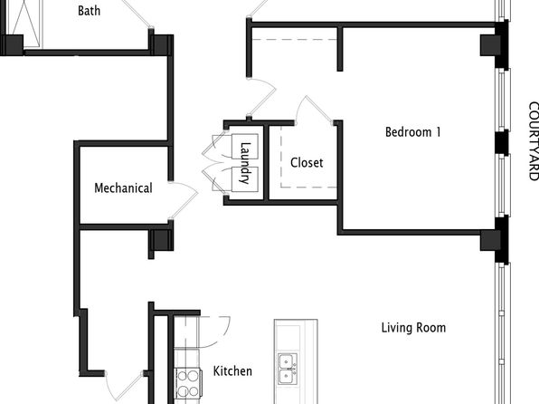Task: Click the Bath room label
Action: pyautogui.click(x=89, y=11)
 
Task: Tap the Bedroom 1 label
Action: pyautogui.click(x=412, y=132)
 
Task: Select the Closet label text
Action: pyautogui.click(x=307, y=162)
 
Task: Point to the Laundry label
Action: pyautogui.click(x=244, y=163)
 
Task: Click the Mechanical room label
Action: pyautogui.click(x=123, y=188)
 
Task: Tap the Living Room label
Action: pyautogui.click(x=413, y=328)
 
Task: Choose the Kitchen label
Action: pyautogui.click(x=232, y=370)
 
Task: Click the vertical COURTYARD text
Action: pyautogui.click(x=534, y=141)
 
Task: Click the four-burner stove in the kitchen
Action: pyautogui.click(x=188, y=383)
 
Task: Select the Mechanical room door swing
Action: pyautogui.click(x=184, y=200)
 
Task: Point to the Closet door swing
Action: pyautogui.click(x=314, y=110)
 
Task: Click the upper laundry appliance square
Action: pyautogui.click(x=245, y=147)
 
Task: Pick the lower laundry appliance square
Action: pyautogui.click(x=245, y=179)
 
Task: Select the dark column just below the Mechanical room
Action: pyautogui.click(x=161, y=240)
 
